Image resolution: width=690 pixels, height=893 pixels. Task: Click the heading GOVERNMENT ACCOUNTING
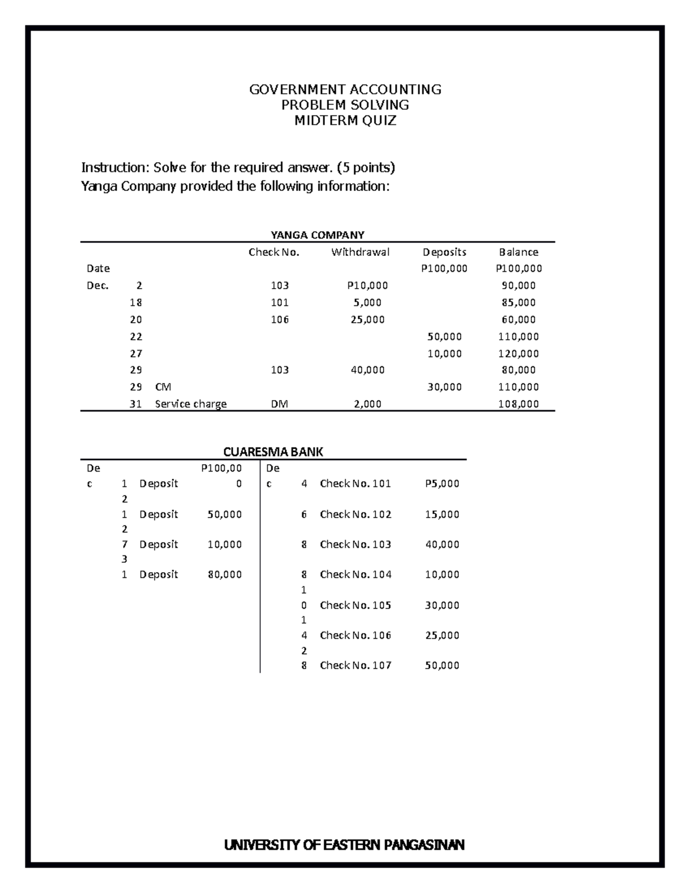point(345,89)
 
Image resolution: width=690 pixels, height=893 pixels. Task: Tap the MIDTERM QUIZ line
point(345,121)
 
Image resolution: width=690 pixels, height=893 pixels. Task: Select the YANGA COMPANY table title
point(317,235)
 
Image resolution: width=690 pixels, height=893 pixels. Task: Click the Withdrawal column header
point(360,252)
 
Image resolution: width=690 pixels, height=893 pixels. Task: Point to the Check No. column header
point(274,252)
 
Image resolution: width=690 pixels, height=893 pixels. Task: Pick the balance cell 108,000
point(519,404)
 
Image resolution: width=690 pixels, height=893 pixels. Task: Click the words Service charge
point(191,404)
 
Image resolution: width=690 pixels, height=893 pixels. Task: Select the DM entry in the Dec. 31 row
point(279,404)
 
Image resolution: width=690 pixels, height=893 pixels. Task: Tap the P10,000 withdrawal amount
point(367,285)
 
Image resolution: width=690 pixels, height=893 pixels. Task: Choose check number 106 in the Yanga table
point(279,319)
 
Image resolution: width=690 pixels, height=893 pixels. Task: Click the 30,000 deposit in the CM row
point(444,387)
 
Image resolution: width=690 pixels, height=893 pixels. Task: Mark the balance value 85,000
point(519,302)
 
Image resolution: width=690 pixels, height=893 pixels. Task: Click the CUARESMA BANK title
point(273,451)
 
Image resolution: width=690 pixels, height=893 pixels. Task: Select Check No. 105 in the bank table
point(355,605)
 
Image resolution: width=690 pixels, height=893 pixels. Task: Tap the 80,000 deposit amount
point(224,574)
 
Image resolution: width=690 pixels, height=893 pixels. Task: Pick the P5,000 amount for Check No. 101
point(442,484)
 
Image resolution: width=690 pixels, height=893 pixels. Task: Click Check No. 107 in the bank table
point(355,665)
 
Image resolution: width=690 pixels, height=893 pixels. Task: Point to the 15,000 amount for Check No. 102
point(442,514)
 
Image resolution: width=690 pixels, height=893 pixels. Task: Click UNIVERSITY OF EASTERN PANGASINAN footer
point(344,845)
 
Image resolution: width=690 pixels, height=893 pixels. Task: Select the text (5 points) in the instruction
point(366,167)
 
